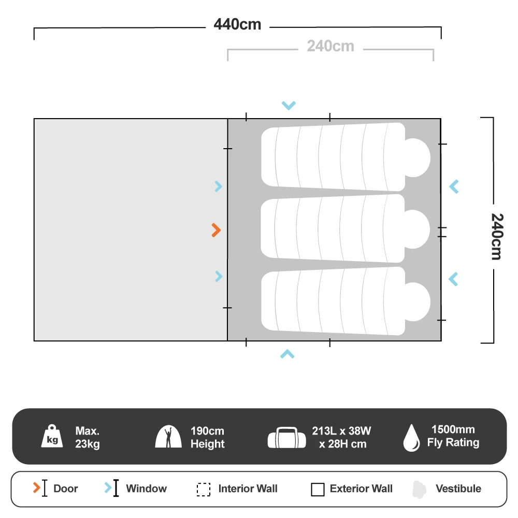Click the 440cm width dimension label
[237, 24]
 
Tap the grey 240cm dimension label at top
[330, 46]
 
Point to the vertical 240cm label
[497, 237]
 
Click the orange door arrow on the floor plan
[216, 231]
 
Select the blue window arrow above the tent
[289, 105]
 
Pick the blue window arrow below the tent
[287, 354]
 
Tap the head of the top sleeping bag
[418, 157]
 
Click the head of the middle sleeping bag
[417, 229]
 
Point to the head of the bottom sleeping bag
[418, 301]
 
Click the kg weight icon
[52, 436]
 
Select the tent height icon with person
[168, 436]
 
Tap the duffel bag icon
[287, 437]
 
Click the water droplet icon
[411, 438]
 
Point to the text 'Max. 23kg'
[88, 437]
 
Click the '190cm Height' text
[208, 437]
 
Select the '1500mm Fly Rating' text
[453, 436]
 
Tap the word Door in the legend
[65, 488]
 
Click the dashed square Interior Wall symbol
[204, 490]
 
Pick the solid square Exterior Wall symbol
[318, 490]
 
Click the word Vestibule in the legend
[458, 488]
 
